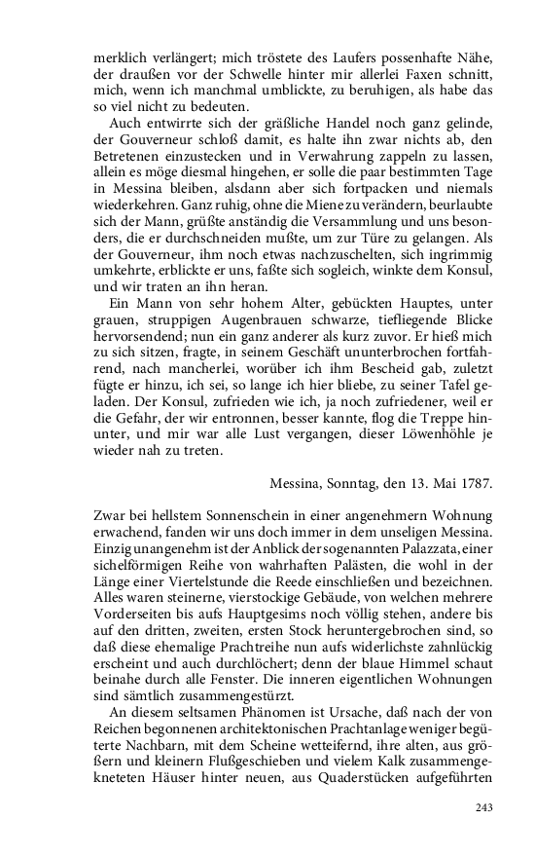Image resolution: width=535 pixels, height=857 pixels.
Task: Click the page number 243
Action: [483, 807]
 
